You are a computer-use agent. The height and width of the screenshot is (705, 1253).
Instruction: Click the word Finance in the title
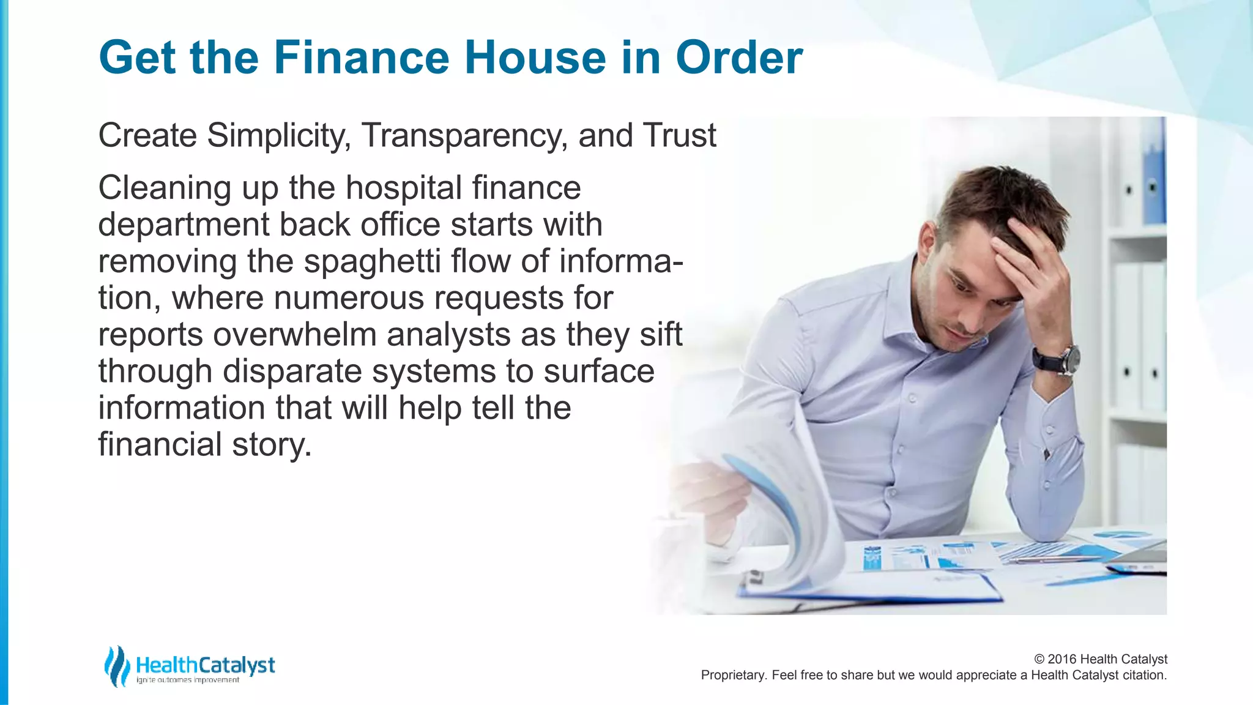[x=361, y=58]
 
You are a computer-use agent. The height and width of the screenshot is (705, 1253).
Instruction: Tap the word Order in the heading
[x=738, y=58]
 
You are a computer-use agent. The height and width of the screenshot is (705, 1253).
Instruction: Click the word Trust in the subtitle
[x=679, y=135]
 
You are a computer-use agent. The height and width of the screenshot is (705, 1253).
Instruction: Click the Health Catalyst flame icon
[x=117, y=666]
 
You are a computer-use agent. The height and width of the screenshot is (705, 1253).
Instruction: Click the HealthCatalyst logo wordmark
[x=205, y=665]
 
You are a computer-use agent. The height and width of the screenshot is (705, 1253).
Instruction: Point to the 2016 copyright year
[x=1062, y=659]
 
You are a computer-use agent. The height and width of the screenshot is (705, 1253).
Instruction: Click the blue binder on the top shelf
[x=1153, y=177]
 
